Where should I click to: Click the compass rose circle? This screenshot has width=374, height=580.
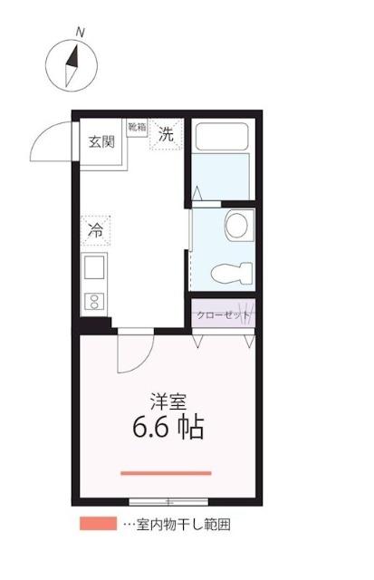70,64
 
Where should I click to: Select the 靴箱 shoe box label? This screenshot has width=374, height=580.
137,128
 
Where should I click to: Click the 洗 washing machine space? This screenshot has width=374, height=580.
167,135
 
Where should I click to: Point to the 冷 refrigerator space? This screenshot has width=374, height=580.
95,230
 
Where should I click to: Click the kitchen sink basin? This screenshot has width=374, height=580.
95,268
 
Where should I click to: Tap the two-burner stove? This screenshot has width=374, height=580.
94,300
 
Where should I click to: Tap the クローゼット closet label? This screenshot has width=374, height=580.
223,315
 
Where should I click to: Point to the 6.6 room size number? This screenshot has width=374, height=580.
152,427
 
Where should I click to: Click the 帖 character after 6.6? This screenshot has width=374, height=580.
190,427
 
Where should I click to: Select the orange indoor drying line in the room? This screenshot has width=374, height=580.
166,472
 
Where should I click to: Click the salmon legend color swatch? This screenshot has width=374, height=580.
97,524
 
